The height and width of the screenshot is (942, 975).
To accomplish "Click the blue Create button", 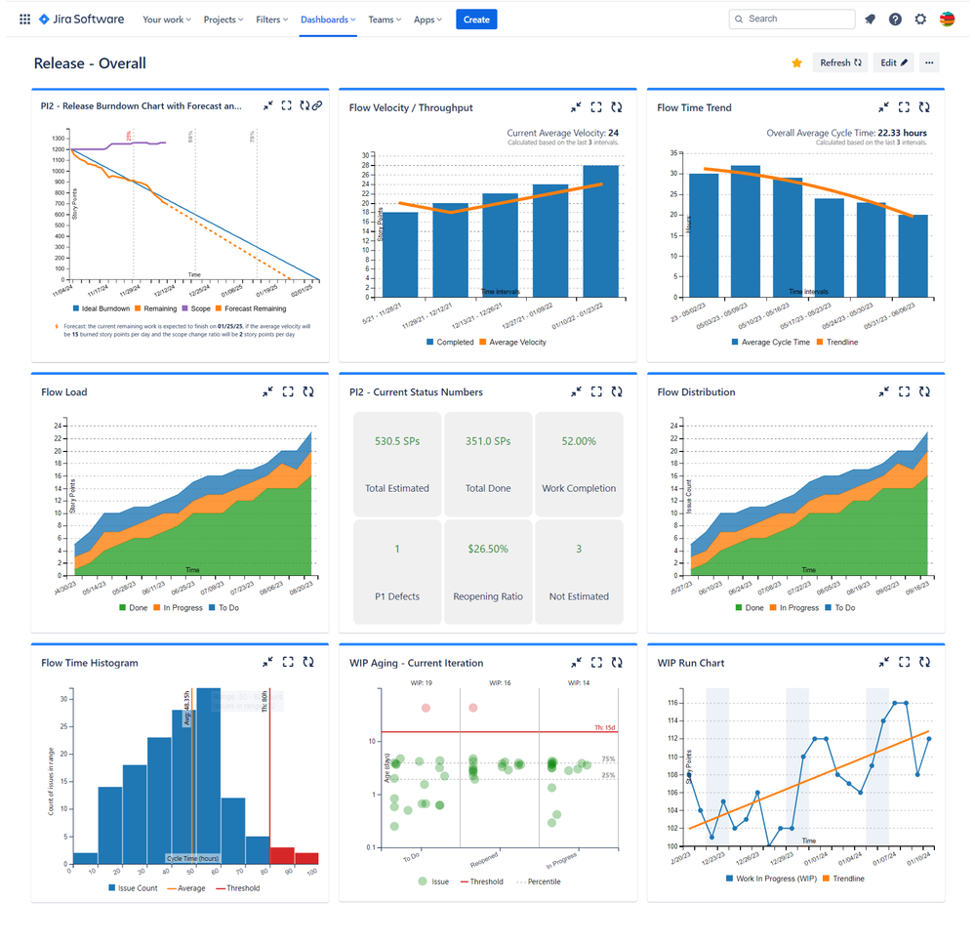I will [476, 20].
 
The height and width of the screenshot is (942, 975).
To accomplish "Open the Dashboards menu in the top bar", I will [327, 20].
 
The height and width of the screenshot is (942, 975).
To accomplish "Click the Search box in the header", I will [792, 19].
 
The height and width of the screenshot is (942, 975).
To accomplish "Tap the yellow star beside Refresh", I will [796, 62].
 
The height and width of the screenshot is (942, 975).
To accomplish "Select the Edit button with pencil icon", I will [893, 62].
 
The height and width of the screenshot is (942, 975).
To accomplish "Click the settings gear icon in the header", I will [920, 20].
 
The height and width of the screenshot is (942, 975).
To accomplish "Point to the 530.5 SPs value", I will [396, 441].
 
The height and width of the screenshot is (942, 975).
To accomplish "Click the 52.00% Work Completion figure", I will [579, 441].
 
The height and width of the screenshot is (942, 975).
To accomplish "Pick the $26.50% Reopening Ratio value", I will [488, 549].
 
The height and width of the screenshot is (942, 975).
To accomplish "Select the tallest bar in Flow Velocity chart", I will [600, 230].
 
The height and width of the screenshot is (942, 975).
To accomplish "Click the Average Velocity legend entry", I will [517, 343].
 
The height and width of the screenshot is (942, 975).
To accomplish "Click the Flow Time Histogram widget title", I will [90, 663].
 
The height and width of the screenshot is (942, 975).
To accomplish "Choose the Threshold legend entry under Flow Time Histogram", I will [237, 888].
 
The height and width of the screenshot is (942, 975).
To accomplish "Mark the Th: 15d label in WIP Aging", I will [605, 726].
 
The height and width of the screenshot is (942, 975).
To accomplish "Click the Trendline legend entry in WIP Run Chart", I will [841, 879].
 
